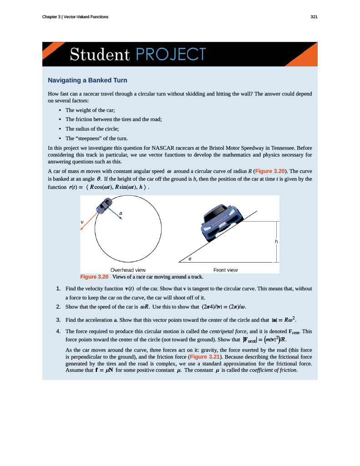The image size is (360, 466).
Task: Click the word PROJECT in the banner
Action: pos(170,55)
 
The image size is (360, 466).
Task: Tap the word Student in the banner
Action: pos(100,55)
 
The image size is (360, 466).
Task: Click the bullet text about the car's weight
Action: pos(90,110)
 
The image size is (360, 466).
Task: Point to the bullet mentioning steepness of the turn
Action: pos(96,138)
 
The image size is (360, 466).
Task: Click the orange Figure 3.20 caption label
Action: pos(94,277)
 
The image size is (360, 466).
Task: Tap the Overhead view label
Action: pos(128,270)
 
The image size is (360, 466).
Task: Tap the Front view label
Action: pos(225,270)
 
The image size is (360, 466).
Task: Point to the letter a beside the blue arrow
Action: pos(121,213)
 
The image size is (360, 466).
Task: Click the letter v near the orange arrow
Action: pos(82,222)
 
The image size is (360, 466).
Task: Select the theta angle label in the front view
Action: pos(190,258)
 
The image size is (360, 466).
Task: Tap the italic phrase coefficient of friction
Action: pos(273,370)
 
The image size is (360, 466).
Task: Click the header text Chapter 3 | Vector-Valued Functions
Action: pos(75,17)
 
